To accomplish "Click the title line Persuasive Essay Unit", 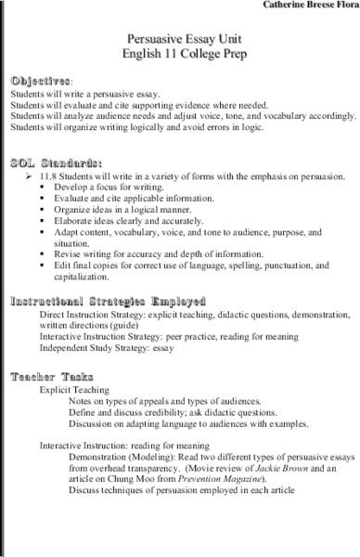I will pos(181,39).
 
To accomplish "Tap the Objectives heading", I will pos(39,82).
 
